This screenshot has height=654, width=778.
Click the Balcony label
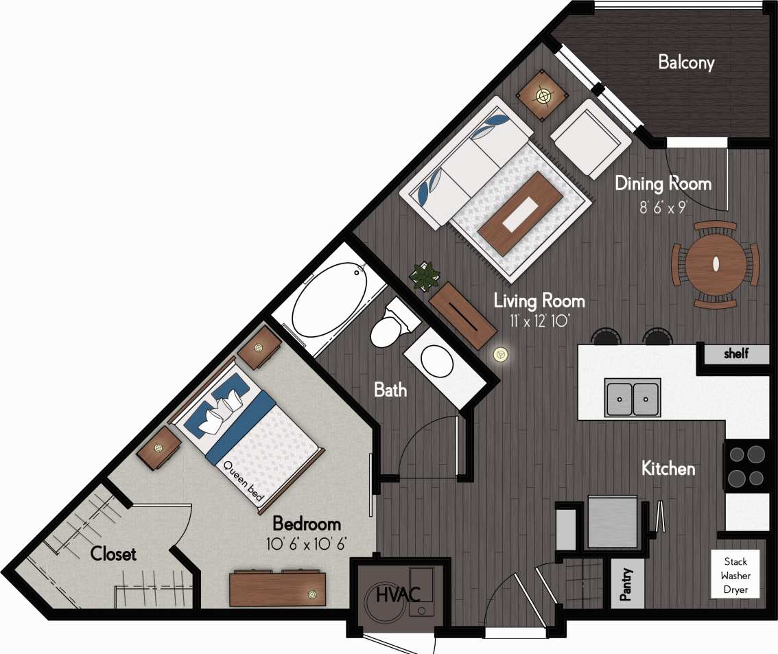685,62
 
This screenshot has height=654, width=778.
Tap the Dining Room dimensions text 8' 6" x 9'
663,207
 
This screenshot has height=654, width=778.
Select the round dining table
715,264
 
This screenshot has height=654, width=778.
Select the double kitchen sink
633,397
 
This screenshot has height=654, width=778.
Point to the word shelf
736,354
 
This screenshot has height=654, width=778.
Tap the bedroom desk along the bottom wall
277,589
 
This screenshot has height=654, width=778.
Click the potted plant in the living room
425,277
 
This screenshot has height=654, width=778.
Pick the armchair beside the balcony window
591,137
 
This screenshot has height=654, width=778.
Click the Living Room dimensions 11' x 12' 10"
539,319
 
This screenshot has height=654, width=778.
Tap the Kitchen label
668,469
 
